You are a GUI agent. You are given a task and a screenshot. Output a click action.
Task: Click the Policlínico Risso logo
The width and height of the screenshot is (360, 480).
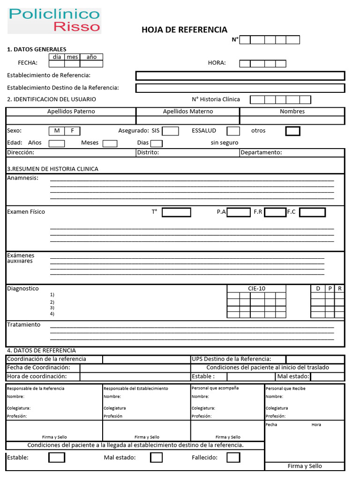54,21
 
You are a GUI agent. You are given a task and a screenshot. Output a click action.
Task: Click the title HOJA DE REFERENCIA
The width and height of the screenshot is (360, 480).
184,30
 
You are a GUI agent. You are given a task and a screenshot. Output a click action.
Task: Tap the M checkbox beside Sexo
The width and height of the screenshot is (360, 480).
57,131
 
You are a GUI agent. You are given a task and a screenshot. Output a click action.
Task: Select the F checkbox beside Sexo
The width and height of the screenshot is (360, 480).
72,131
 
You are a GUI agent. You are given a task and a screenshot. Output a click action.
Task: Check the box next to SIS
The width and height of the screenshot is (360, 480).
170,131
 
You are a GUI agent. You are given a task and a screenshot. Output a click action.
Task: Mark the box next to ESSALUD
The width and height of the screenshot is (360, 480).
233,131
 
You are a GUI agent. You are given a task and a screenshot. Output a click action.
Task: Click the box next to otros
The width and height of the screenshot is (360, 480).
293,131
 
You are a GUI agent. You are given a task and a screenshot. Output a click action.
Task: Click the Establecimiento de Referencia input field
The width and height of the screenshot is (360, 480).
240,76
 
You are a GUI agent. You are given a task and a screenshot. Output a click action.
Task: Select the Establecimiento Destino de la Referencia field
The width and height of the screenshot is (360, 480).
240,88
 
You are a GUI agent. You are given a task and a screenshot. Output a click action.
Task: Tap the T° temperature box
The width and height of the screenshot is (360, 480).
176,212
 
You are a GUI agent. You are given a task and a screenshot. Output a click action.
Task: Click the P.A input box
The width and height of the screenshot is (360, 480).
239,212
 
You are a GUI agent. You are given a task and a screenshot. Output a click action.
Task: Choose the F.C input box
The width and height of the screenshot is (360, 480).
312,212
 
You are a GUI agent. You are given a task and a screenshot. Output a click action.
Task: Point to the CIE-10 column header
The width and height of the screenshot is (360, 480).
256,289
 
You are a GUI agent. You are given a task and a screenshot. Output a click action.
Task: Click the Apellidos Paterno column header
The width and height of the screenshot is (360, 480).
71,112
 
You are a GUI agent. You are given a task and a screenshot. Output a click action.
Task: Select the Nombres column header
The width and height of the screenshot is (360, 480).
292,112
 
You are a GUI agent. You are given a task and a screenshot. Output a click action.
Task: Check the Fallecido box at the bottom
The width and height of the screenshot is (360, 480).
233,457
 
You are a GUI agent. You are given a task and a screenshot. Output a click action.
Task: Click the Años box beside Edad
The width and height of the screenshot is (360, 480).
57,143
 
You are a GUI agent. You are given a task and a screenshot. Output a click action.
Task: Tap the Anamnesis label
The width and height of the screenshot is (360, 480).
22,178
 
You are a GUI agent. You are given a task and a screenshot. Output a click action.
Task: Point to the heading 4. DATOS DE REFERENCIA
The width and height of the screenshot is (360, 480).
41,351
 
